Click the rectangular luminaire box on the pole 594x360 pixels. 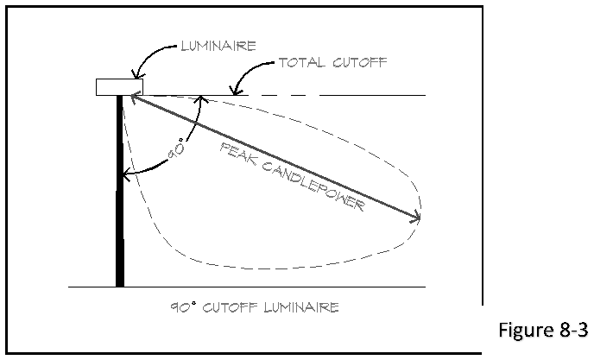pyautogui.click(x=119, y=86)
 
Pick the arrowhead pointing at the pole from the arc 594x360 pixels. pyautogui.click(x=128, y=177)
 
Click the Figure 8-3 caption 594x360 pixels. pyautogui.click(x=545, y=331)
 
